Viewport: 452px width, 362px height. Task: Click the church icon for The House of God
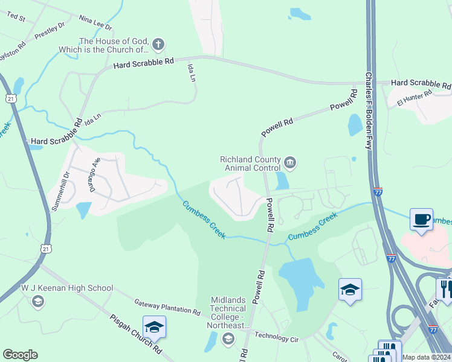(x=158, y=43)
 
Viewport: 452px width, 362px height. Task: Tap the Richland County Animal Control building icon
(x=290, y=162)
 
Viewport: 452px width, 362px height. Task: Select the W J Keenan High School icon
(x=37, y=301)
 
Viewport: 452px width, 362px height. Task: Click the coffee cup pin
(x=421, y=218)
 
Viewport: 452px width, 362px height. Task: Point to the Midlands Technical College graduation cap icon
(x=228, y=339)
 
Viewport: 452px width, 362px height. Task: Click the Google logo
(x=20, y=355)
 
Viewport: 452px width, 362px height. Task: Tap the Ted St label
(x=16, y=17)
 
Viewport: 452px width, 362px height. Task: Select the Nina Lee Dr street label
(x=95, y=23)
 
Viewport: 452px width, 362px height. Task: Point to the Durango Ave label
(x=95, y=171)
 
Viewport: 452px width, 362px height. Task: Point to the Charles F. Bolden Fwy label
(x=368, y=112)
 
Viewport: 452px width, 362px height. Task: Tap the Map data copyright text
(x=427, y=357)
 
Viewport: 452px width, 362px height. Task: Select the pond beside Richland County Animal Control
(x=282, y=180)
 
